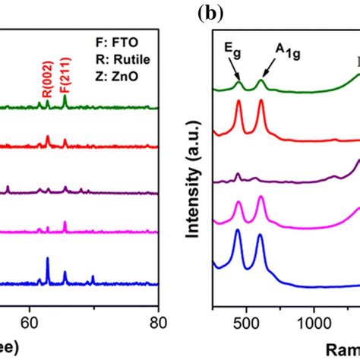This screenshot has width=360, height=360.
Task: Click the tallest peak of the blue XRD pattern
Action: click(x=48, y=259)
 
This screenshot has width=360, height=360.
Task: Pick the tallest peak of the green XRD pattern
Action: click(x=65, y=96)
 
